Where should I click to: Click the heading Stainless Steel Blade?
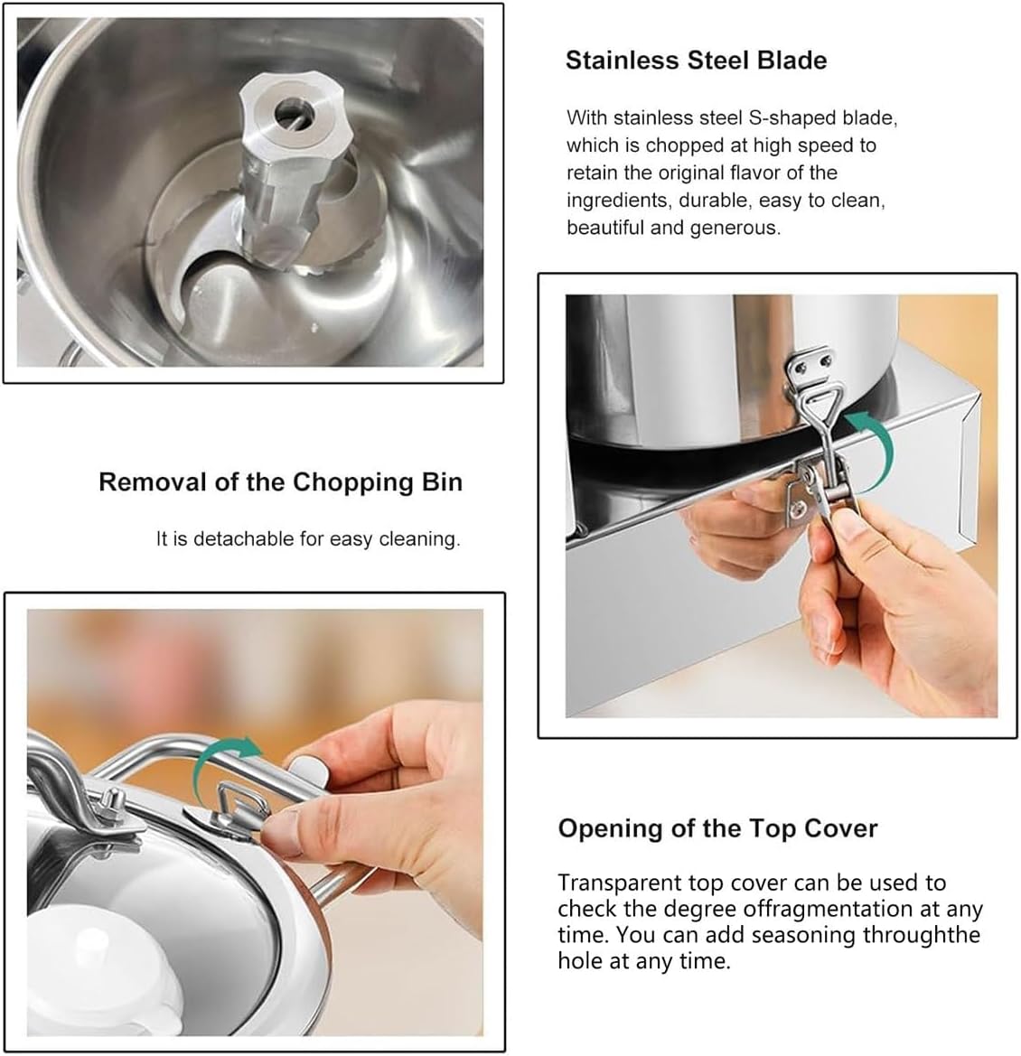(696, 61)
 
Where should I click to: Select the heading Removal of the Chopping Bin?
(280, 482)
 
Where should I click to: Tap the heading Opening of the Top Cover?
(717, 828)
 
